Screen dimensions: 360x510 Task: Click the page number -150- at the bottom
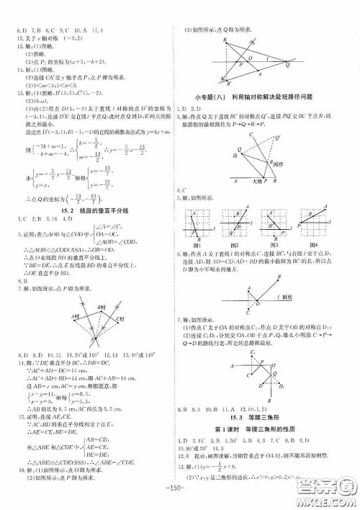pyautogui.click(x=180, y=494)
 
